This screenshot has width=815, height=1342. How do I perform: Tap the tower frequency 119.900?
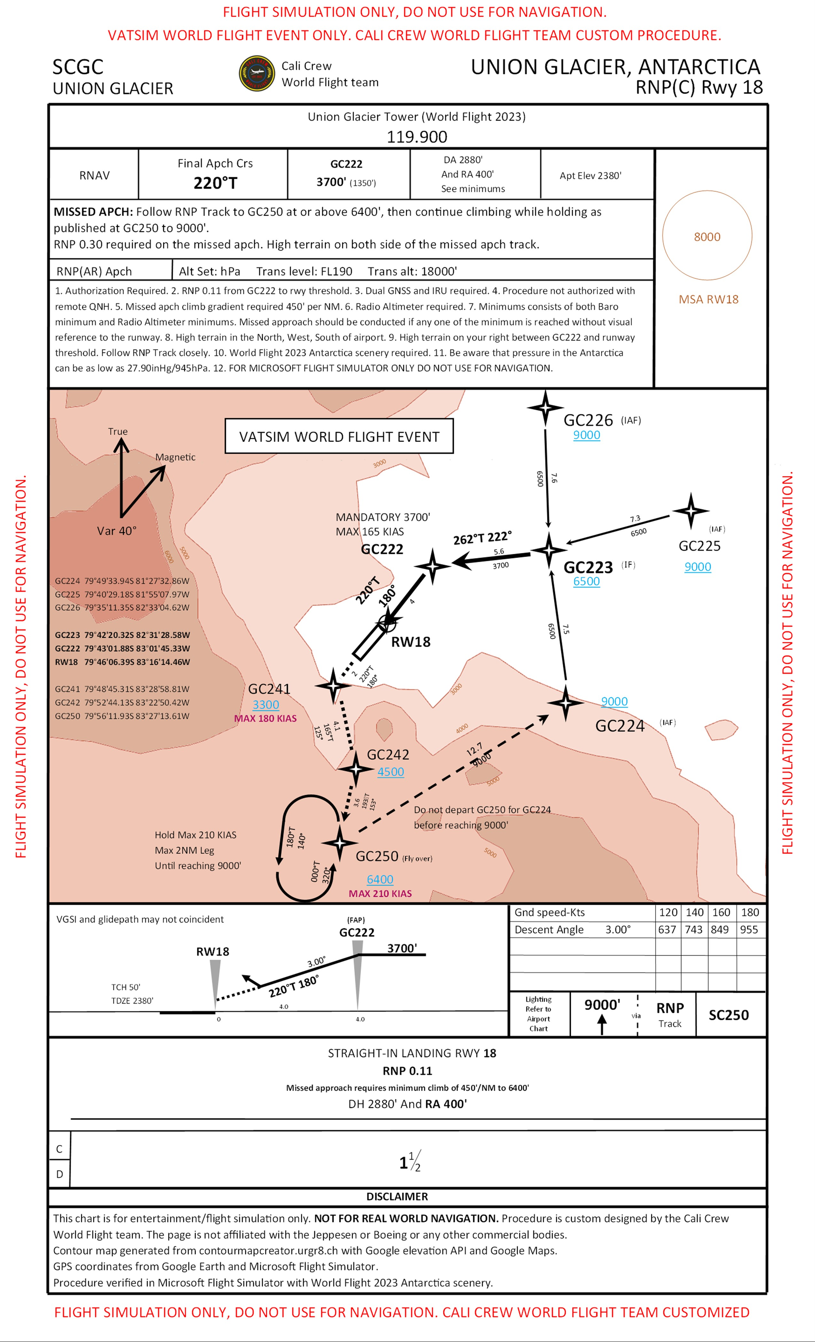(417, 137)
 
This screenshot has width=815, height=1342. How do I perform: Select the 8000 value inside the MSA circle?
(706, 237)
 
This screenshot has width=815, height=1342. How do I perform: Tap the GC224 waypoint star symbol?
(566, 703)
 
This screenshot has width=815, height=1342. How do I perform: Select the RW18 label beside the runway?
(411, 642)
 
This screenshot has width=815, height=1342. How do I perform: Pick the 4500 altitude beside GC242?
(391, 772)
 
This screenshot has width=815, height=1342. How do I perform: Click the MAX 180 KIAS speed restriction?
(265, 718)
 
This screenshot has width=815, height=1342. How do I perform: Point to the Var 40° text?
(117, 531)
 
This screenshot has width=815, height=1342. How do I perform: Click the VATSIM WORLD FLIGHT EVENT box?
(339, 436)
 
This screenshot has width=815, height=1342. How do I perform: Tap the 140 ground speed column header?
(694, 912)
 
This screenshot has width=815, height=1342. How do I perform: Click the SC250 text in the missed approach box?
(728, 1015)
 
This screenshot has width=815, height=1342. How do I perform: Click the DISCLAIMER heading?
(397, 1197)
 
